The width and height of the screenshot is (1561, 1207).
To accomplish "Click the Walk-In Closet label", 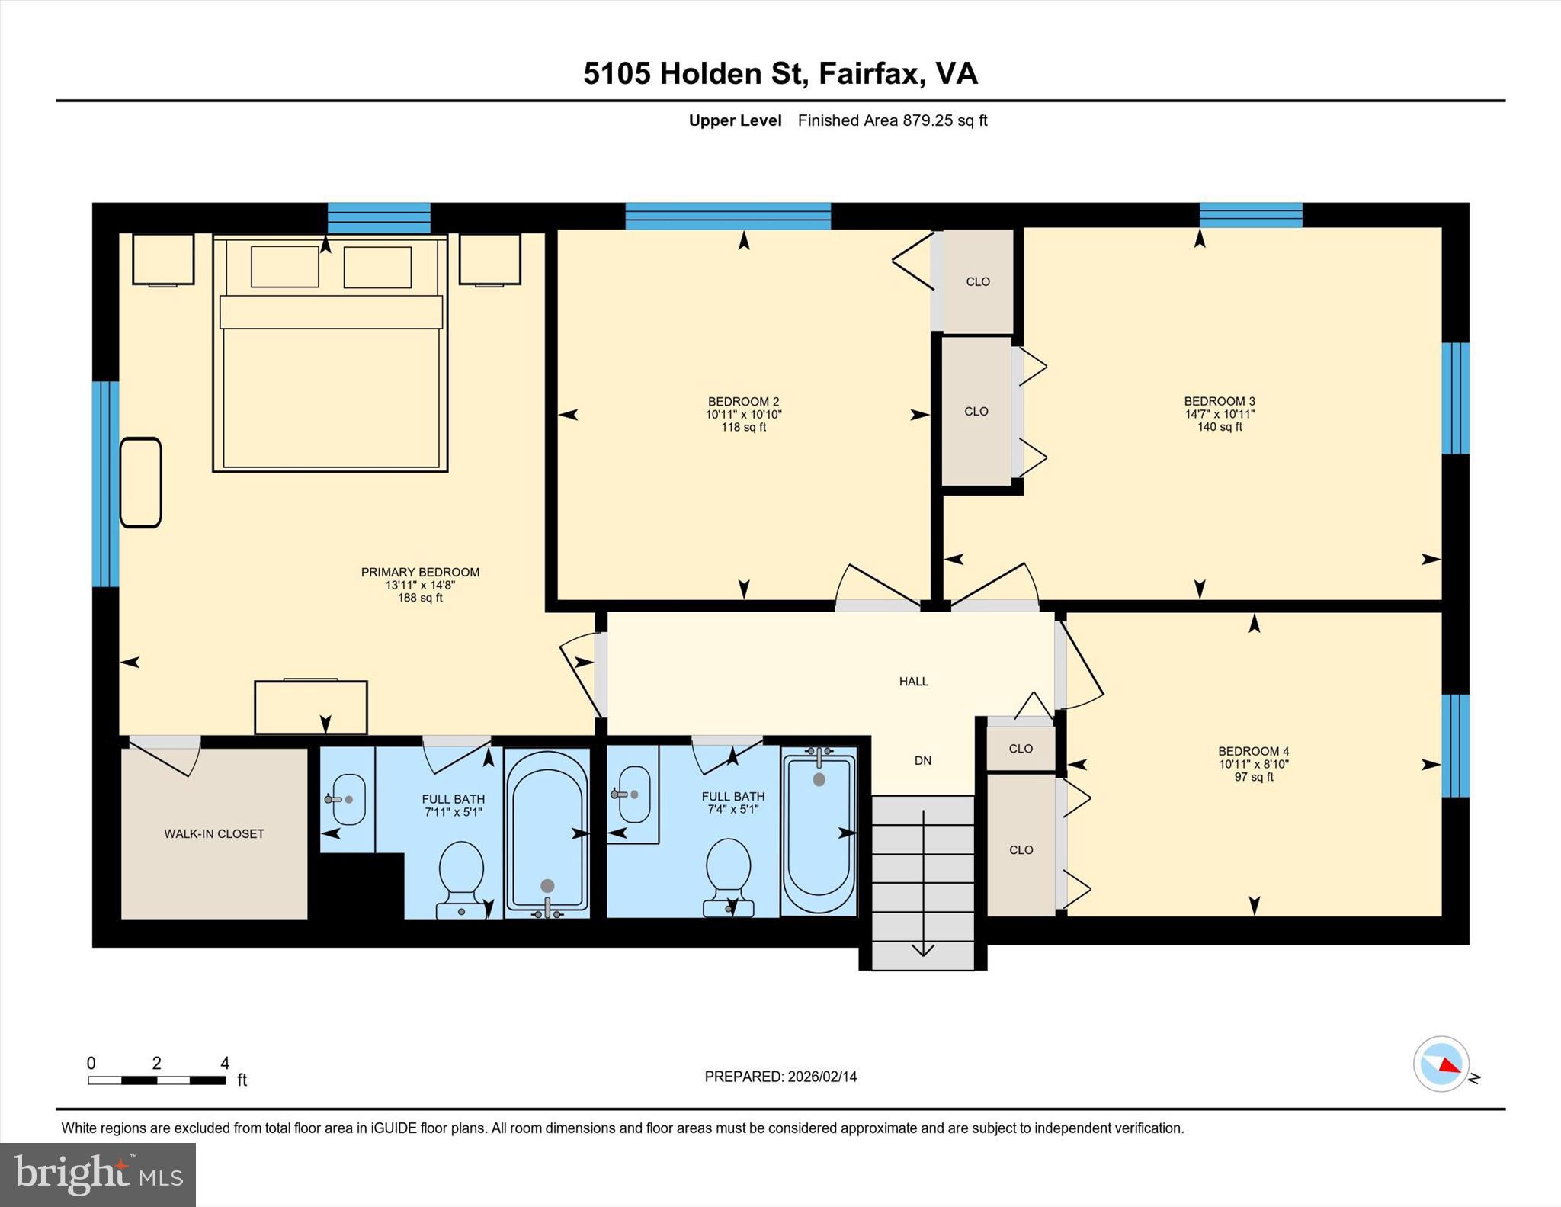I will tap(214, 833).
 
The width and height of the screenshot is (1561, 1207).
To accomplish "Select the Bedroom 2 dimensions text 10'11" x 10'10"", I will tap(743, 415).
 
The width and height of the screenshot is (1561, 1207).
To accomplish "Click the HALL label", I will tap(913, 682).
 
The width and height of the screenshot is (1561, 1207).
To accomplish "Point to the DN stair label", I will tap(922, 760).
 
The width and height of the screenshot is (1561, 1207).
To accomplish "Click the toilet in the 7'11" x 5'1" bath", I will tap(462, 877).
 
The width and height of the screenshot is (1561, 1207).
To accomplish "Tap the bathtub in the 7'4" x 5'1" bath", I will tap(819, 831).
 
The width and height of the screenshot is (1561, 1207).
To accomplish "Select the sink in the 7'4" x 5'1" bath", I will tap(634, 794).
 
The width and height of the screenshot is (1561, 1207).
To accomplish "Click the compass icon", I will tap(1441, 1064).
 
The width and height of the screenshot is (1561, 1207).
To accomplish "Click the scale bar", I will tap(156, 1080).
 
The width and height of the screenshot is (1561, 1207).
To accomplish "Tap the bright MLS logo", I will tap(98, 1174).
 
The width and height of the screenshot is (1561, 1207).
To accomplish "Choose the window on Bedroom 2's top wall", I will tap(728, 216).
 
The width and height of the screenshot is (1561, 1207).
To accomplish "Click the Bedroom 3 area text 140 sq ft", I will tap(1220, 427).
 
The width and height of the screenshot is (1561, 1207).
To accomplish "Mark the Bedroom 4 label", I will tap(1253, 751).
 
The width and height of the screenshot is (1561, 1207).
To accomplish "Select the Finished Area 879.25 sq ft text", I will tap(892, 120).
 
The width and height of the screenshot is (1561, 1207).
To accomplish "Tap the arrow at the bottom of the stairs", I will tap(923, 949).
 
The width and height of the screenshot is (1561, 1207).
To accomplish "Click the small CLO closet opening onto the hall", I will tap(1021, 748).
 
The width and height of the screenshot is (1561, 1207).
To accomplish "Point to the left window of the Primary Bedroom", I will tap(105, 483).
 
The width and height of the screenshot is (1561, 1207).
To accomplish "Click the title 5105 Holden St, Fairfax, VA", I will tap(780, 73).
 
